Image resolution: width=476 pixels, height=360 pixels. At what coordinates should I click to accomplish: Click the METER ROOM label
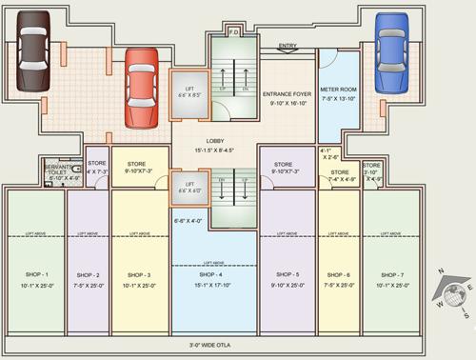click(x=338, y=90)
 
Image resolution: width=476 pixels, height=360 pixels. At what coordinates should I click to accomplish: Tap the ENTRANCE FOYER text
click(x=287, y=95)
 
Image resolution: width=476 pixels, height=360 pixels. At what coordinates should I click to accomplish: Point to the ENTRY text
click(x=288, y=45)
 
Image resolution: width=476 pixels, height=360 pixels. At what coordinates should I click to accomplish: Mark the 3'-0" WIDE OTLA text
click(x=214, y=345)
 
